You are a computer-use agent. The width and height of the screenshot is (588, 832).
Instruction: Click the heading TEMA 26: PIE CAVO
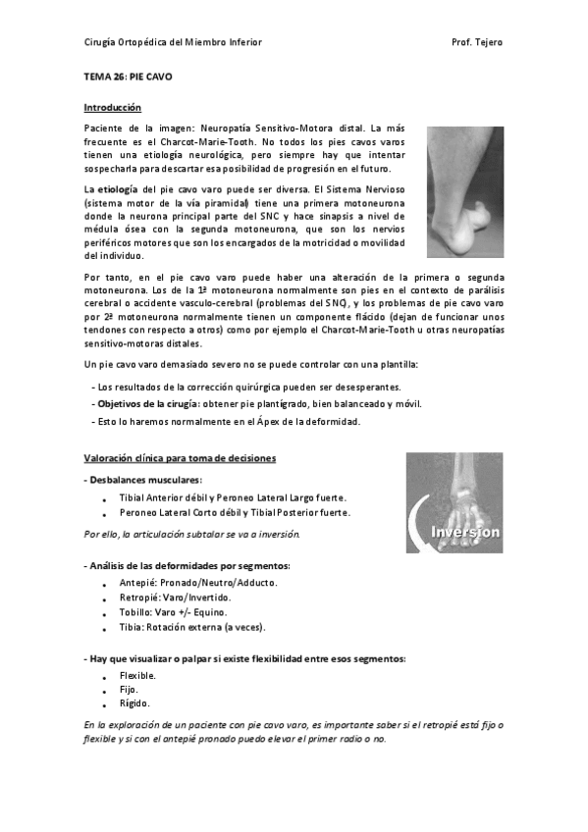pyautogui.click(x=129, y=76)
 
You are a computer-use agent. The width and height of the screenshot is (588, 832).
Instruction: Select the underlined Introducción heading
pyautogui.click(x=112, y=107)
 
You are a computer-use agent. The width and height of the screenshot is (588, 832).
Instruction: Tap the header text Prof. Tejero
pyautogui.click(x=477, y=43)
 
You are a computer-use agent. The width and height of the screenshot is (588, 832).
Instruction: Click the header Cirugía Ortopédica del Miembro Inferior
pyautogui.click(x=173, y=43)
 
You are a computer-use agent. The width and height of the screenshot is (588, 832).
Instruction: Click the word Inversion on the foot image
pyautogui.click(x=466, y=531)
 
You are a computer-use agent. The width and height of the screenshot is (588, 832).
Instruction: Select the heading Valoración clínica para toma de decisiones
pyautogui.click(x=180, y=458)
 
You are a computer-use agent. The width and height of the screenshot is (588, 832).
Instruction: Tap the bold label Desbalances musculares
pyautogui.click(x=143, y=480)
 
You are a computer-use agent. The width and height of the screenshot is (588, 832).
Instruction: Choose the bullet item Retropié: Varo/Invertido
pyautogui.click(x=175, y=597)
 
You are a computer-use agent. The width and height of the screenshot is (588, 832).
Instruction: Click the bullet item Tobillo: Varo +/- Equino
pyautogui.click(x=175, y=611)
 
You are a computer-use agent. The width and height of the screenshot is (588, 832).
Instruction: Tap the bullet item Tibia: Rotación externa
pyautogui.click(x=191, y=626)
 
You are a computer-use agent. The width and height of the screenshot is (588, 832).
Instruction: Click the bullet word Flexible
pyautogui.click(x=137, y=675)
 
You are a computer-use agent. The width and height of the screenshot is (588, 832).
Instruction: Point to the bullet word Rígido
pyautogui.click(x=134, y=702)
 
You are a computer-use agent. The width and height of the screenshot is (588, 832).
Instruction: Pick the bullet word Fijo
pyautogui.click(x=130, y=689)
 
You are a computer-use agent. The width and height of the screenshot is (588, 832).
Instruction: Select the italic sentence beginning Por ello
pyautogui.click(x=191, y=534)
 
